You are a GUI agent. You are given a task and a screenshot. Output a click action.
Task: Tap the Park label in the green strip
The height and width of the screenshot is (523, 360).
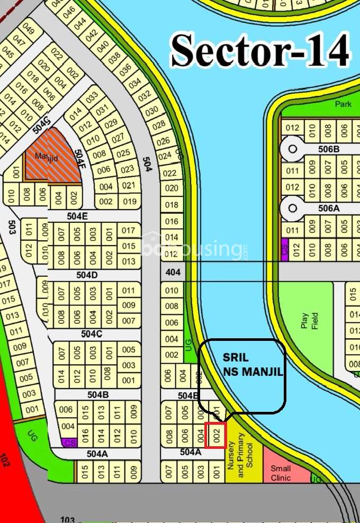click(x=343, y=104)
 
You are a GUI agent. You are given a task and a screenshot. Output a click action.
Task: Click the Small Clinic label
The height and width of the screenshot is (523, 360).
click(x=281, y=473)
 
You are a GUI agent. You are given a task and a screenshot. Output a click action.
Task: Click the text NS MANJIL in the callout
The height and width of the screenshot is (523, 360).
click(x=253, y=372)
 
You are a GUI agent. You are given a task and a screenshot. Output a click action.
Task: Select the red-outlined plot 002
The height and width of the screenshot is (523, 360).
click(x=215, y=436)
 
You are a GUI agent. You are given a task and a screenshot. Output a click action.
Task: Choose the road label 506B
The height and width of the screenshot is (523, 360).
click(x=328, y=149)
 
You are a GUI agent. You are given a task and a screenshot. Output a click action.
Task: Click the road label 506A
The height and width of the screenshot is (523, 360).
click(x=328, y=208)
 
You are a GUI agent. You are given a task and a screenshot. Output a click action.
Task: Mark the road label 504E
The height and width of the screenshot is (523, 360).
click(x=77, y=216)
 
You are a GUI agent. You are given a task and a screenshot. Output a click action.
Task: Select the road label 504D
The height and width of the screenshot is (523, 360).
click(x=87, y=275)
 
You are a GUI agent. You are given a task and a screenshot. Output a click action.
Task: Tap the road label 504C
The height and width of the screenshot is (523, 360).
click(x=91, y=334)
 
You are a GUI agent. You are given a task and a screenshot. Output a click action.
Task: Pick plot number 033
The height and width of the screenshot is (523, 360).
click(x=92, y=97)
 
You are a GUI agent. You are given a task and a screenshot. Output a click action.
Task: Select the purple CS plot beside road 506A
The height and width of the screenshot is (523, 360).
click(x=284, y=247)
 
